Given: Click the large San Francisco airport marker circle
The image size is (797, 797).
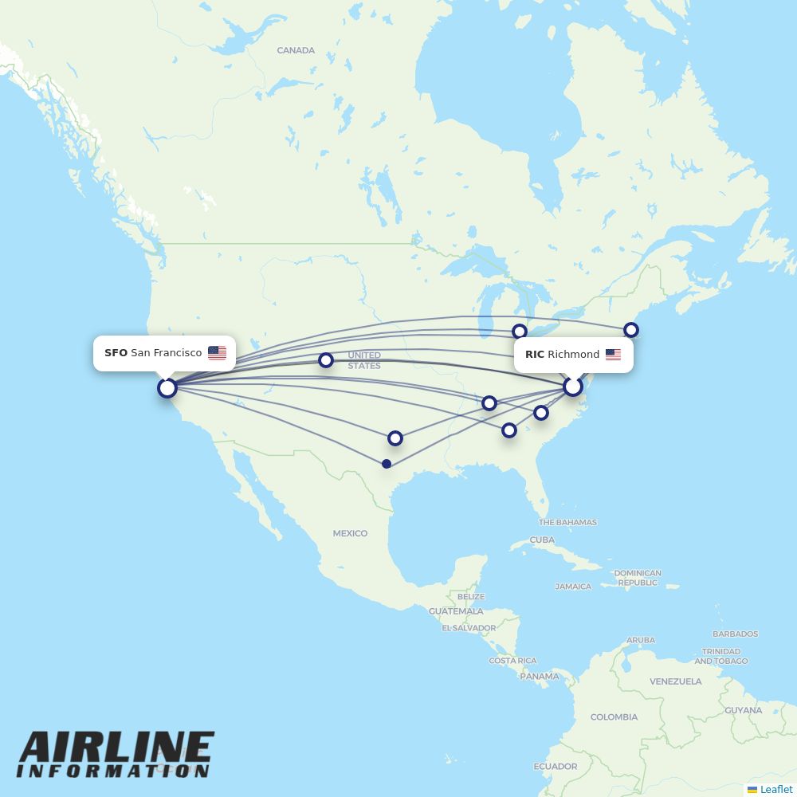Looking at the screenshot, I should pyautogui.click(x=167, y=388).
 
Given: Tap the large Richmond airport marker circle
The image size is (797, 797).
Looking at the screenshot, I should pyautogui.click(x=573, y=387).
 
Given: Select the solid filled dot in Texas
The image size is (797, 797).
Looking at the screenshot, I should pyautogui.click(x=387, y=464).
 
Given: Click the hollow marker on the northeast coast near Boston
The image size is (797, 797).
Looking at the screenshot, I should pyautogui.click(x=631, y=329).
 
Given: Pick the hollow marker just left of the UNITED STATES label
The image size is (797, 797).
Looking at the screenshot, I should pyautogui.click(x=325, y=360).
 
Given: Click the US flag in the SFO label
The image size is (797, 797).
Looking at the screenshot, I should pyautogui.click(x=217, y=353).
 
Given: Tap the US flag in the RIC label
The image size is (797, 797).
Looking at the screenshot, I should pyautogui.click(x=613, y=355).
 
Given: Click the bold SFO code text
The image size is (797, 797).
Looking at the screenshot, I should pyautogui.click(x=116, y=353).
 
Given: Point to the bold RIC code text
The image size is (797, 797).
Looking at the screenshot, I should pyautogui.click(x=535, y=355).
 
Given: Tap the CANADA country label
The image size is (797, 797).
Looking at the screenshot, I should pyautogui.click(x=296, y=50).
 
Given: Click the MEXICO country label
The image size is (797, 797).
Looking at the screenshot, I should pyautogui.click(x=350, y=533).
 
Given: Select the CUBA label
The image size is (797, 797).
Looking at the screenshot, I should pyautogui.click(x=542, y=540).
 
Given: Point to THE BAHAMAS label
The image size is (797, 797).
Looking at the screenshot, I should pyautogui.click(x=567, y=523).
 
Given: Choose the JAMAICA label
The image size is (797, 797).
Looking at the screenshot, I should pyautogui.click(x=573, y=587).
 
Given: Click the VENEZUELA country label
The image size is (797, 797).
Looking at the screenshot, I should pyautogui.click(x=675, y=681).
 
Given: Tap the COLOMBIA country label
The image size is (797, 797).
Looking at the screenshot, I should pyautogui.click(x=614, y=717).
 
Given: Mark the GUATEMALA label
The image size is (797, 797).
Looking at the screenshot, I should pyautogui.click(x=456, y=611).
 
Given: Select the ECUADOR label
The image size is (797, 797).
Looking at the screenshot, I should pyautogui.click(x=556, y=767).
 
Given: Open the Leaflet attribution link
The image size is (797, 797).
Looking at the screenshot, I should pyautogui.click(x=775, y=789).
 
